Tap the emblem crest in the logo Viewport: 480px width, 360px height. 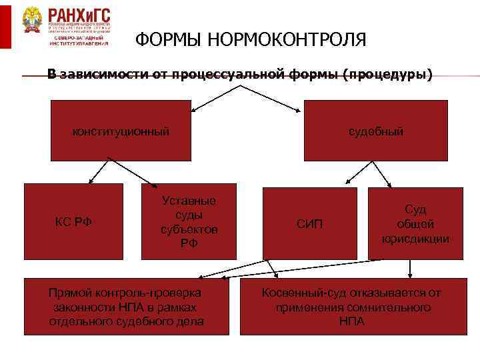pyautogui.click(x=32, y=22)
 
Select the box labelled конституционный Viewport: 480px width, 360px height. pyautogui.click(x=121, y=131)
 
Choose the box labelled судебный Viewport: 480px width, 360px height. pyautogui.click(x=376, y=131)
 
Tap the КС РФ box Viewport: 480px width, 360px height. pyautogui.click(x=73, y=221)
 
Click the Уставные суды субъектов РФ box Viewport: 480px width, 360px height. pyautogui.click(x=189, y=221)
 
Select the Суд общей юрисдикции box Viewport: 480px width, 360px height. pyautogui.click(x=415, y=223)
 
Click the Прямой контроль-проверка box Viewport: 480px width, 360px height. pyautogui.click(x=126, y=306)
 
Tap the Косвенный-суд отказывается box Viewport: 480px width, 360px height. pyautogui.click(x=351, y=306)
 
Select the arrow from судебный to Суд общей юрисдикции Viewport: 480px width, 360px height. pyautogui.click(x=381, y=173)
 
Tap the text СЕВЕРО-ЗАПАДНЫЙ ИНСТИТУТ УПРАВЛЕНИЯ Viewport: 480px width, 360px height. pyautogui.click(x=79, y=40)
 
